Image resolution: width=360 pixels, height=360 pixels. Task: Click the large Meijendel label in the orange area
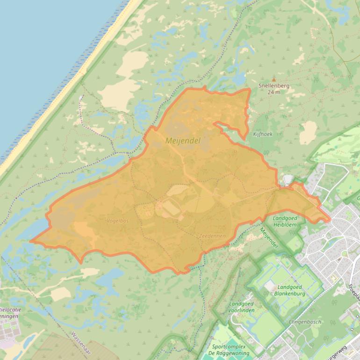click(183, 140)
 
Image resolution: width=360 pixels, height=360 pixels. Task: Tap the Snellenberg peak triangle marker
click(274, 79)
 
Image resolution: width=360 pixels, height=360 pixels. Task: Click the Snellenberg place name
click(274, 86)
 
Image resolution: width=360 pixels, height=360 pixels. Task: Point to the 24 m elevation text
click(274, 92)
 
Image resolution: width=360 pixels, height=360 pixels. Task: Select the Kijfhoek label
click(262, 134)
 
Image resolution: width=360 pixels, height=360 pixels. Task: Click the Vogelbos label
click(117, 220)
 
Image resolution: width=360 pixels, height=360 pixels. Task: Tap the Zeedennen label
click(212, 236)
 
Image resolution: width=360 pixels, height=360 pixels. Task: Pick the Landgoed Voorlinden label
click(242, 307)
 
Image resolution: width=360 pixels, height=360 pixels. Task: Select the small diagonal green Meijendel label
click(268, 238)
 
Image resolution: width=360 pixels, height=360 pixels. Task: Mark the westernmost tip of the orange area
click(31, 241)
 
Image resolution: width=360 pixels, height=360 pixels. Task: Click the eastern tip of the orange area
click(330, 219)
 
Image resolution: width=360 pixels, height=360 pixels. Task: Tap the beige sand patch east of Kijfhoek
click(308, 132)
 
